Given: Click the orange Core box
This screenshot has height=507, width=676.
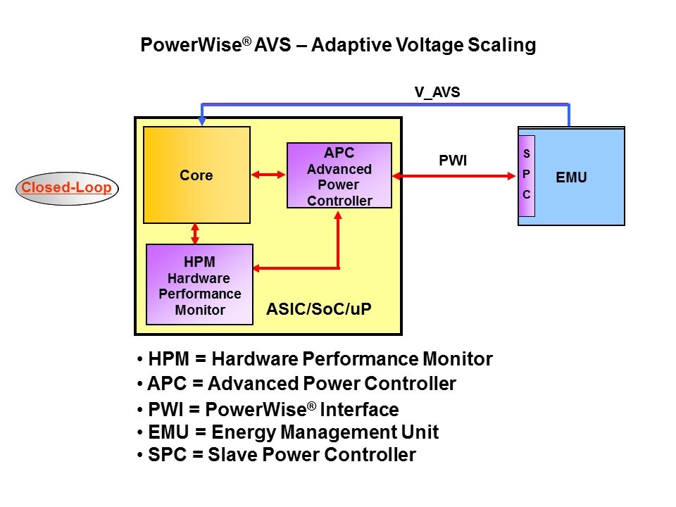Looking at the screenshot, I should pos(196,175).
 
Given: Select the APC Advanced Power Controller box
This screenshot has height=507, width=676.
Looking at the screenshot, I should pos(339,175).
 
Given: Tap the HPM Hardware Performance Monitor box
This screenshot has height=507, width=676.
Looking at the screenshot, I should pos(199,284).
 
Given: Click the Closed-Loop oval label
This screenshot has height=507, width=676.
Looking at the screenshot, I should pos(68,188).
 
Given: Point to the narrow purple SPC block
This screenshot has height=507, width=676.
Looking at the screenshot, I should pos(527,175).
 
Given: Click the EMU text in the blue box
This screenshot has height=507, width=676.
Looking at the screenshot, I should pos(571,178).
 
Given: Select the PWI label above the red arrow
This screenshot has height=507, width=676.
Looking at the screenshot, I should pos(453,161).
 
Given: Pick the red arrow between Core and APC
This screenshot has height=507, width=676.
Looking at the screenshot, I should pos(268,174).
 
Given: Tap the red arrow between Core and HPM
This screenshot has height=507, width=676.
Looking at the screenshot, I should pos(195,233).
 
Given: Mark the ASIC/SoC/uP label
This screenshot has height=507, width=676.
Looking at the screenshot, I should pos(323,308).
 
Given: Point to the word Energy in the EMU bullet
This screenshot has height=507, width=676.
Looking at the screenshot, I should pos(239,432).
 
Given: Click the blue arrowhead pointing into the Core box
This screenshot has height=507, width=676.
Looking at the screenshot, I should pos(203,121).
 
